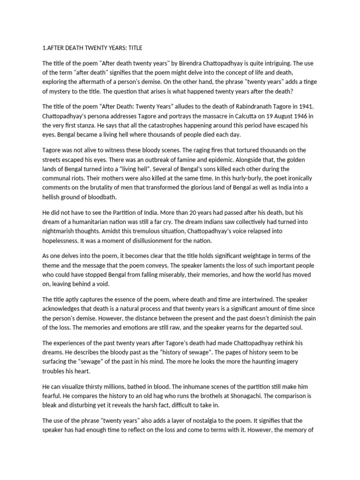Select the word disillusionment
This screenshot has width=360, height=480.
tap(157, 240)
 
